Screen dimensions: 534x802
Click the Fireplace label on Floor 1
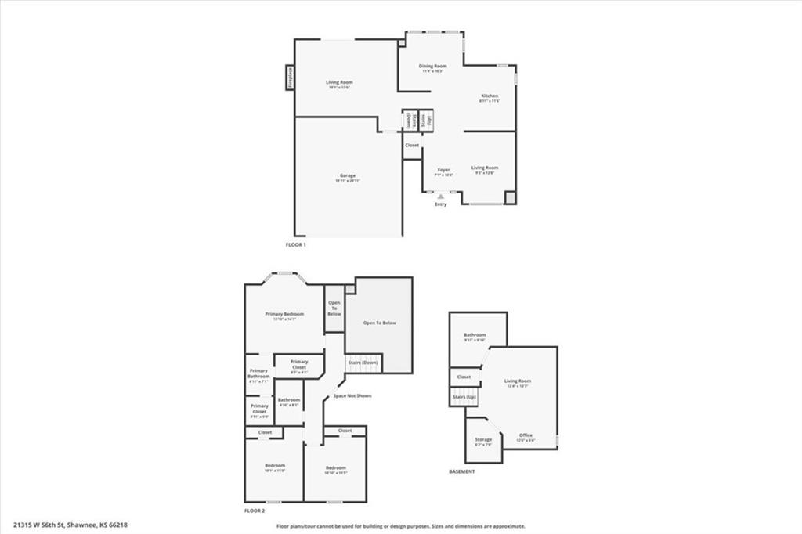(x=289, y=78)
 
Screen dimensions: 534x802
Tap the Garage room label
(x=348, y=175)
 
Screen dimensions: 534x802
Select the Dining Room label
(x=432, y=67)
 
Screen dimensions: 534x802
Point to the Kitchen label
(x=490, y=96)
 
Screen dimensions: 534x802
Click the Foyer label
(x=443, y=169)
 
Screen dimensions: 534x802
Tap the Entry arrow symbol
(x=441, y=197)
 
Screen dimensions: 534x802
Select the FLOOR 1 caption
(x=295, y=245)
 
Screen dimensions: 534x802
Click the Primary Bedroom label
(x=284, y=314)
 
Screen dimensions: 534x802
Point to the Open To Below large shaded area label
(x=379, y=323)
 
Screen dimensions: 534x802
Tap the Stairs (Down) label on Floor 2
(x=363, y=363)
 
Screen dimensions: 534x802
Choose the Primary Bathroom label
(x=258, y=373)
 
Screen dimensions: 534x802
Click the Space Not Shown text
(x=352, y=395)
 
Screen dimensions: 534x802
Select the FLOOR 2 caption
(x=254, y=511)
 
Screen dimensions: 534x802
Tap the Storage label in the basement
(x=483, y=440)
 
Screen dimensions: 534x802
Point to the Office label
(x=526, y=435)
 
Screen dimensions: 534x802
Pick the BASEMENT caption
(x=462, y=472)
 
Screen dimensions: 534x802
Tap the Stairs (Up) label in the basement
(x=464, y=397)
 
